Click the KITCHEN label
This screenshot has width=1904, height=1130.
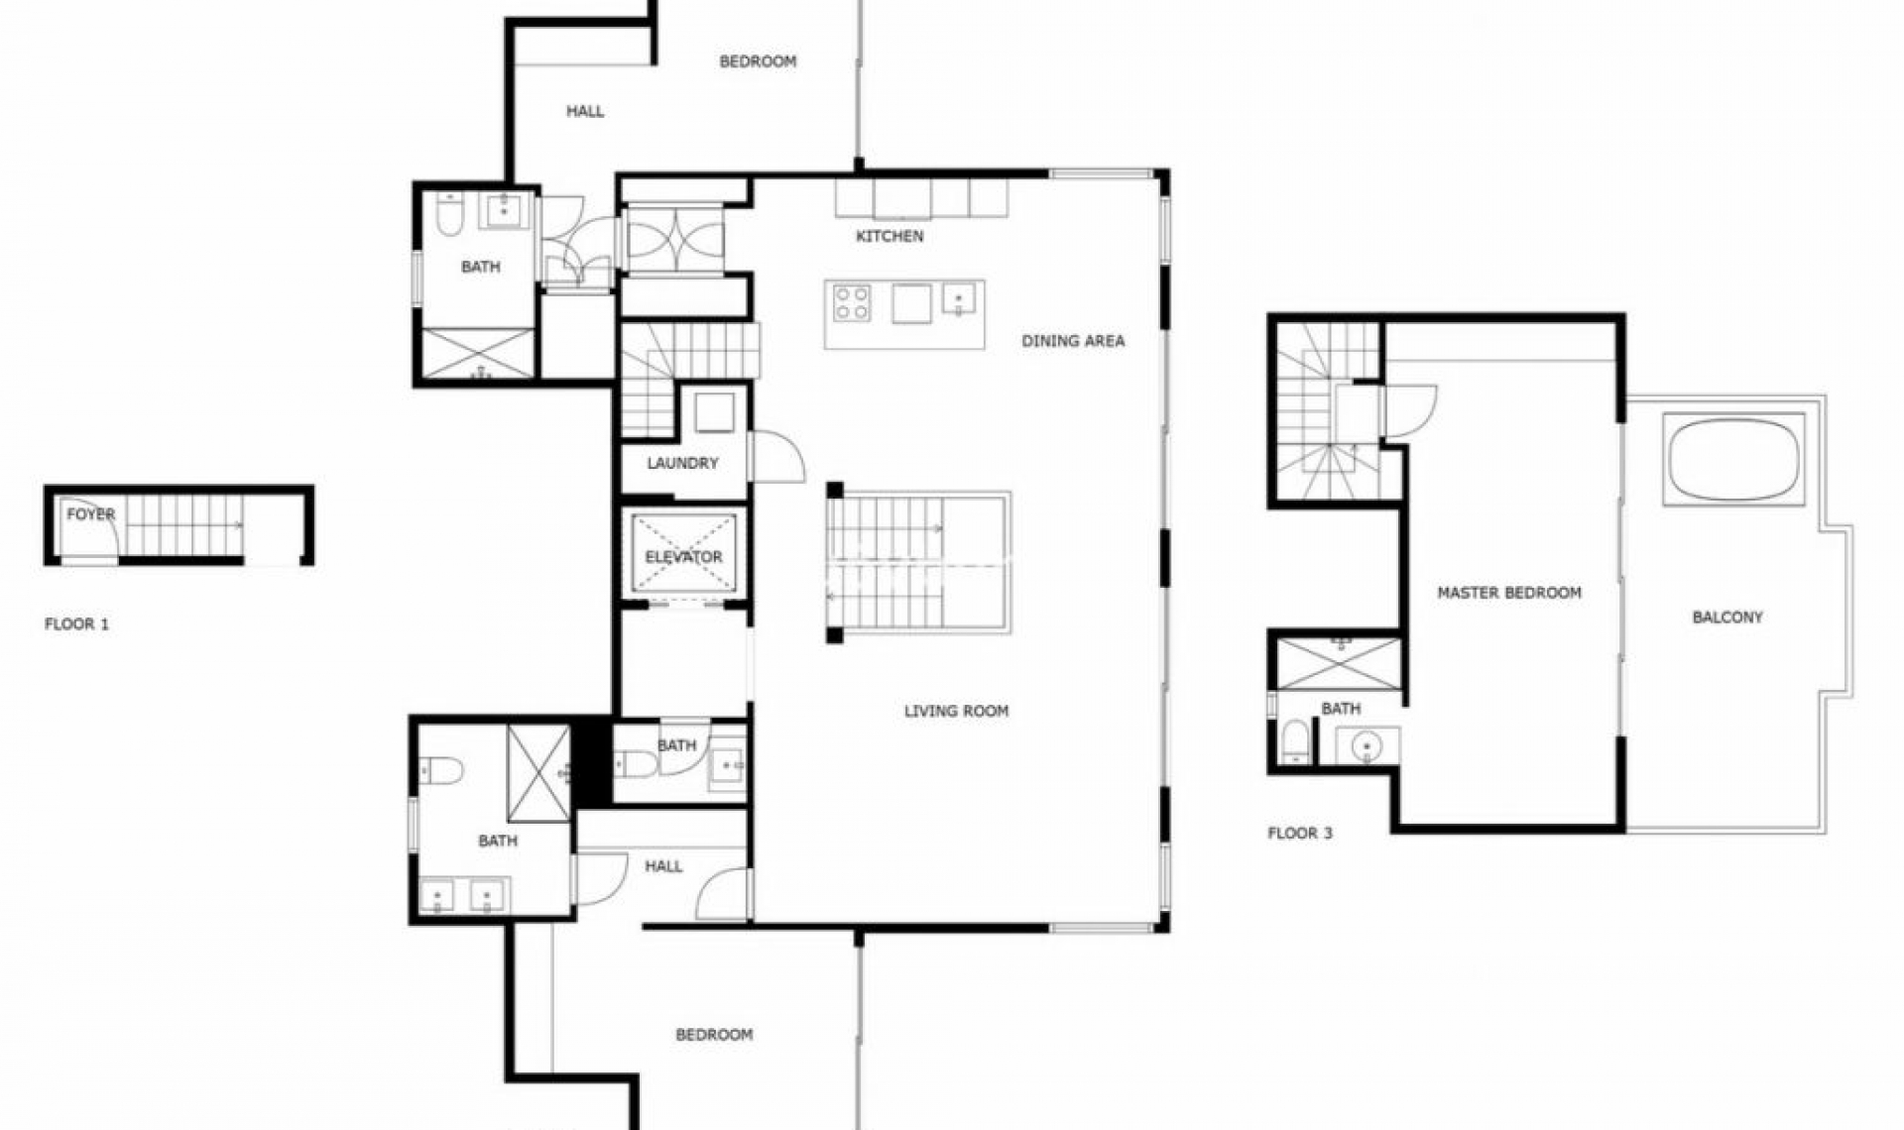coord(890,236)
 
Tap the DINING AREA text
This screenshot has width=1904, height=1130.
coord(1073,341)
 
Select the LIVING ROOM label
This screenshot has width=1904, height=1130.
coord(956,711)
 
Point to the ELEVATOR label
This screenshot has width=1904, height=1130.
coord(683,557)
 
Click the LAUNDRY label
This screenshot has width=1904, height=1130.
coord(682,463)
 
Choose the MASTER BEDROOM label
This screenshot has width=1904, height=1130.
coord(1508,593)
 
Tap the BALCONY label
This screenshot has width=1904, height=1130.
coord(1726,618)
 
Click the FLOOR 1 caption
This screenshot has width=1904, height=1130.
coord(76,624)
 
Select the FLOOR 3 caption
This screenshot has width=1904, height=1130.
coord(1299,834)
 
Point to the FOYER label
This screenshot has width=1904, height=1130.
coord(90,514)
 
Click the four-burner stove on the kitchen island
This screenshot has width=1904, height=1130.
coord(852,303)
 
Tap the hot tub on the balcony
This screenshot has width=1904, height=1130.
coord(1733,461)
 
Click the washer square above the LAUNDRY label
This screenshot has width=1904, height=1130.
coord(714,412)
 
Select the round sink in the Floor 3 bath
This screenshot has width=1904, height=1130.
coord(1367,744)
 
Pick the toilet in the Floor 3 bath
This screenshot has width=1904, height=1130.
coord(1295,741)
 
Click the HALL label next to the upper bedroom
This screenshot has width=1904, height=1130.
coord(584,111)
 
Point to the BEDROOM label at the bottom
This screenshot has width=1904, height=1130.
coord(713,1035)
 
